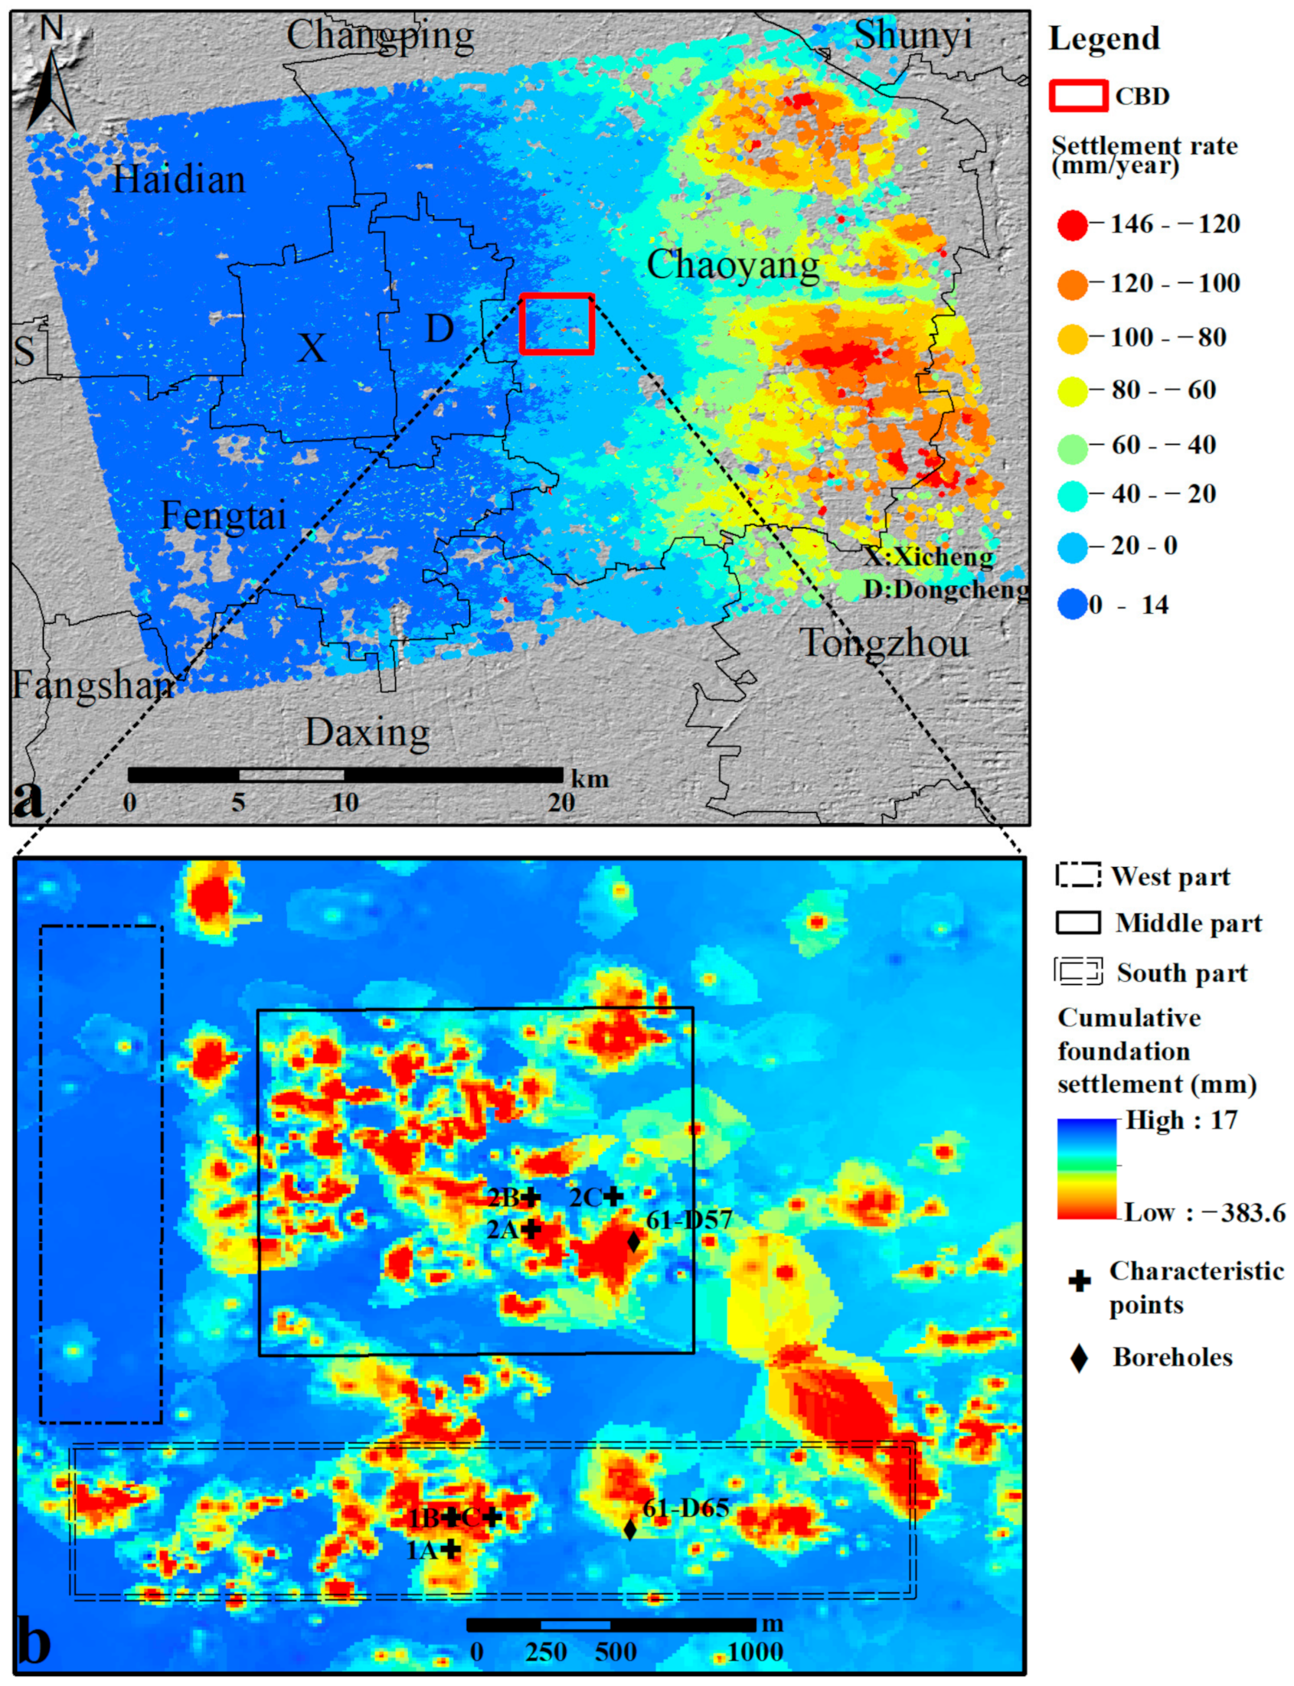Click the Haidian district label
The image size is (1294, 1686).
178,179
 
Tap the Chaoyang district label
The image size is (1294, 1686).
733,266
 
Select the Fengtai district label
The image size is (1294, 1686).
224,515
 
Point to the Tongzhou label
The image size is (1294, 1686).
884,643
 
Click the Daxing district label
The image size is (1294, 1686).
368,732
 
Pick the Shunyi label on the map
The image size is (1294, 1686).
913,35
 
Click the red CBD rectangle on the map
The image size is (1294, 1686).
557,323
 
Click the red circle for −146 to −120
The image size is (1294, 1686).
1072,225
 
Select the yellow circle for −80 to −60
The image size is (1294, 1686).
1072,391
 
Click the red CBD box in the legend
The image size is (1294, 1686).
1077,96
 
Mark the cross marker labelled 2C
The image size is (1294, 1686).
613,1195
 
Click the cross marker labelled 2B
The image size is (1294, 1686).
530,1197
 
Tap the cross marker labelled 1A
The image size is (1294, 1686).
450,1548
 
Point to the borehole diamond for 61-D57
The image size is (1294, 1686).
633,1241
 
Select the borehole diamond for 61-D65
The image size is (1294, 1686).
629,1529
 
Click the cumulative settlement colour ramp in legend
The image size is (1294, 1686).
1086,1169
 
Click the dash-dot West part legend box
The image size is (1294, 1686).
1077,876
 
